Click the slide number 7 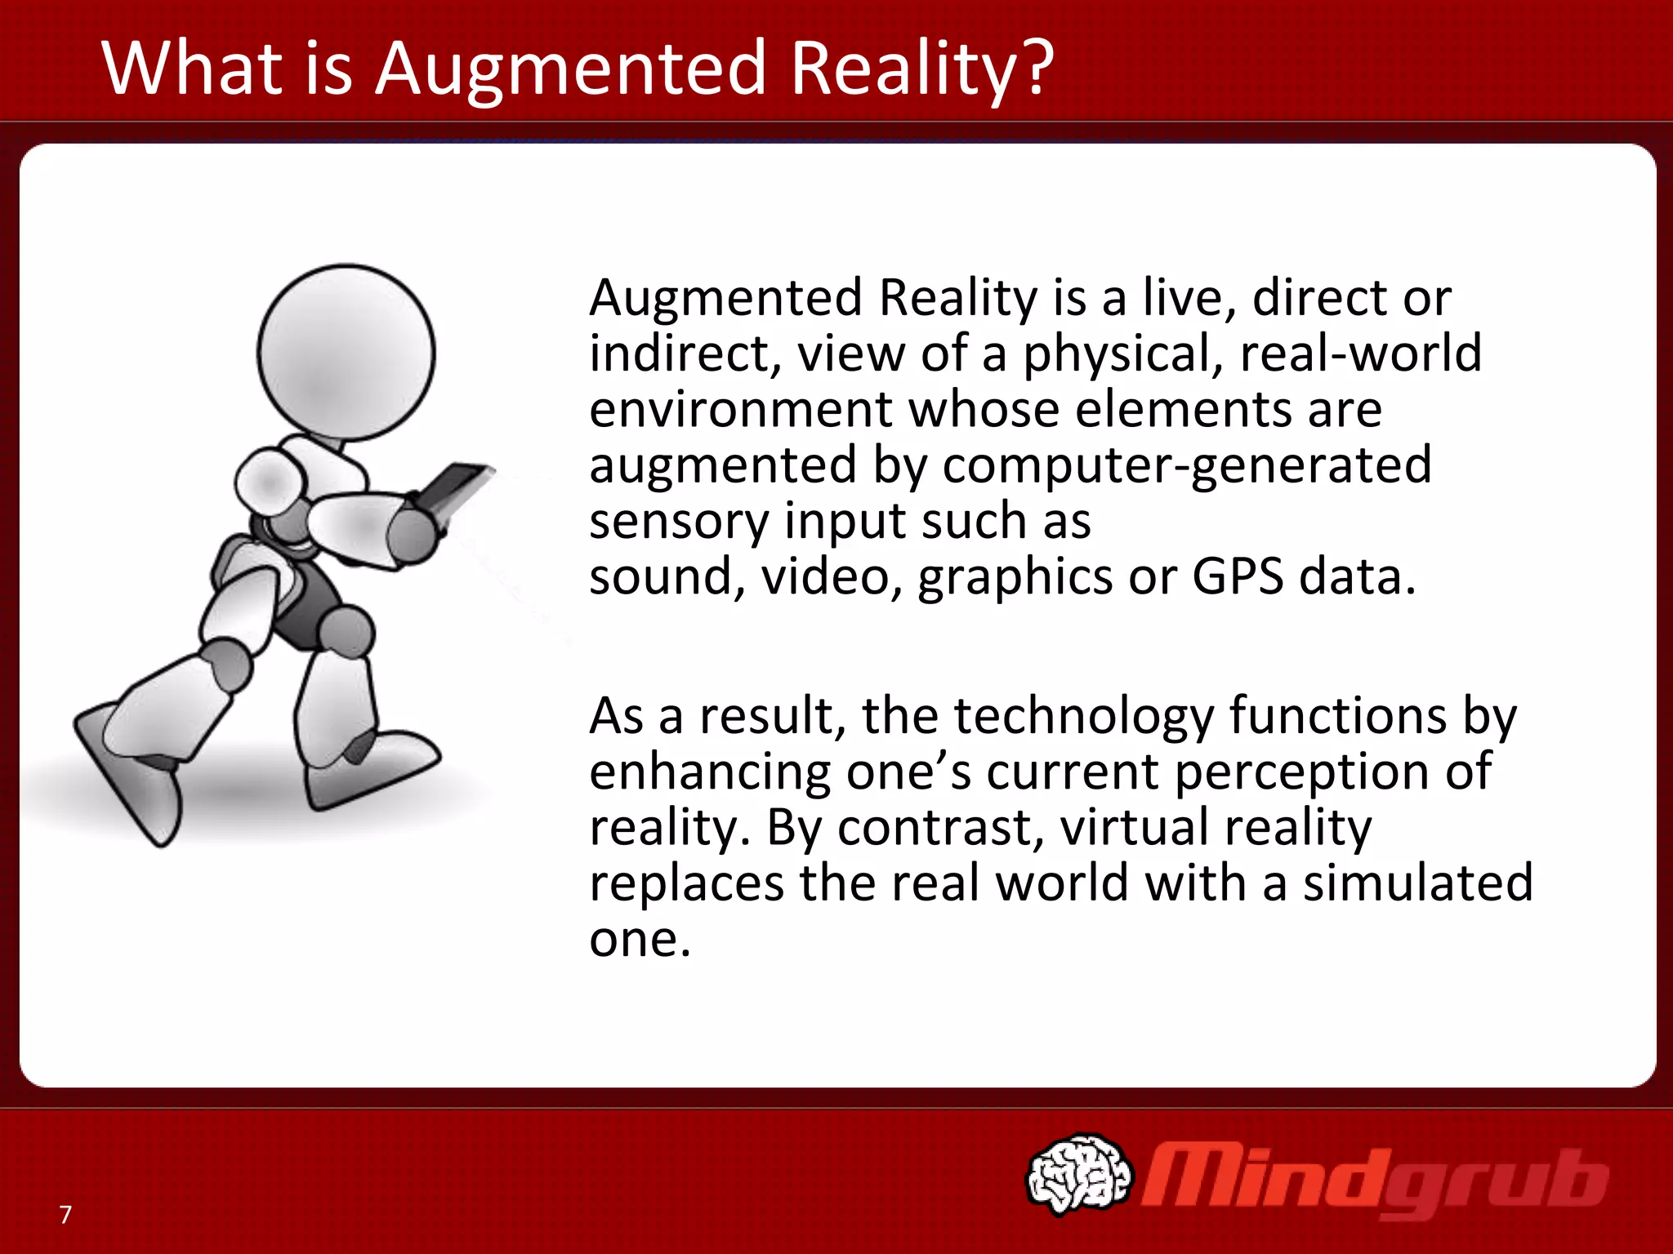point(65,1215)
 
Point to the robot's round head point(346,353)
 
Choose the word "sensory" point(678,522)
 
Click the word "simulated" point(1417,883)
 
